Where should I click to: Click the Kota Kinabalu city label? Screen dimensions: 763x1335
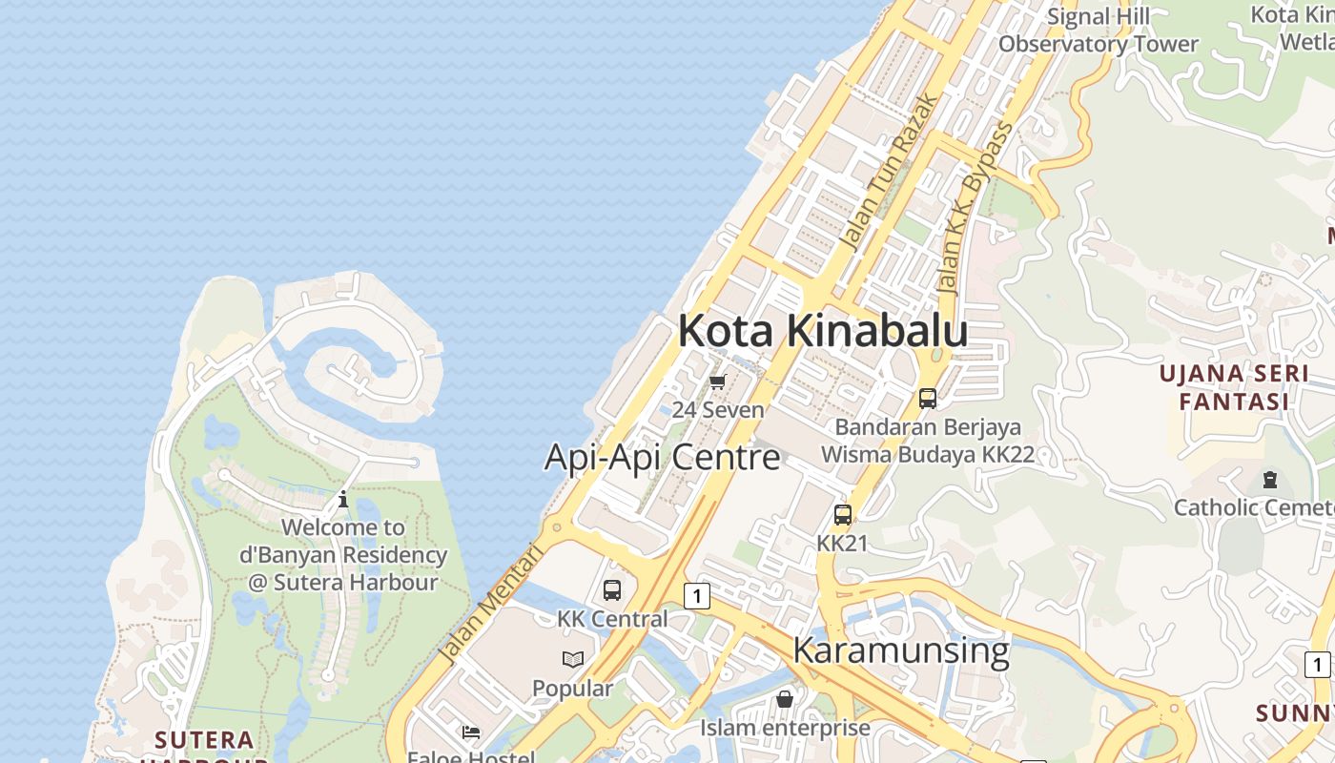coord(822,331)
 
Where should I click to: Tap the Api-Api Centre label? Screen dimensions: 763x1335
coord(662,457)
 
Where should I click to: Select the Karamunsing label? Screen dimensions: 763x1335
coord(900,650)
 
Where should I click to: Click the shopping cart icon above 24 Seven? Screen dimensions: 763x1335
coord(717,382)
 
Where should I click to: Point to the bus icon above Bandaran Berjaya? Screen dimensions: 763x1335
coord(927,398)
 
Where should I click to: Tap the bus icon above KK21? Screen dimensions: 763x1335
coord(842,515)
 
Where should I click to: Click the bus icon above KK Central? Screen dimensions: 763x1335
coord(612,590)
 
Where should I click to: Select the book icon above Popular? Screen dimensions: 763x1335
coord(572,659)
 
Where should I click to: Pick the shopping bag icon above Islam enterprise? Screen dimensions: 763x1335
coord(784,699)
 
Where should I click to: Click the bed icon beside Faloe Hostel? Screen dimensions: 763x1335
coord(470,732)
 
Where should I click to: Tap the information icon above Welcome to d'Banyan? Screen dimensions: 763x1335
coord(343,499)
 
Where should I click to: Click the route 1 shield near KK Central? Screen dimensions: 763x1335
coord(697,597)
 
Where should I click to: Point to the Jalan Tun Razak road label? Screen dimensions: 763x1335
coord(889,172)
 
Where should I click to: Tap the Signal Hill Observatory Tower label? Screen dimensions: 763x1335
coord(1098,31)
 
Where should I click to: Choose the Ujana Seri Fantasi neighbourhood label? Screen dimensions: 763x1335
coord(1234,387)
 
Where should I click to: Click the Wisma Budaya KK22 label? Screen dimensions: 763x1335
coord(927,455)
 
